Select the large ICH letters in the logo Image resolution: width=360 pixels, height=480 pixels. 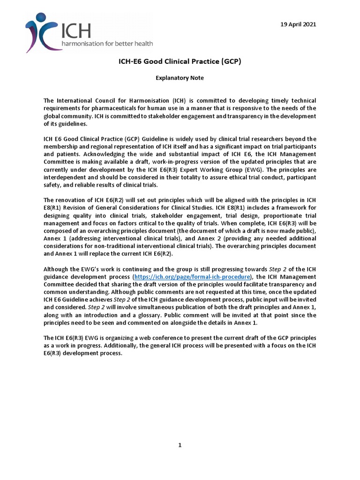(76, 30)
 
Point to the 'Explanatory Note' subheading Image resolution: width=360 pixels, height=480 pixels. (180, 78)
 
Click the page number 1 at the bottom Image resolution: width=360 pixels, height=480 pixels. (180, 445)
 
